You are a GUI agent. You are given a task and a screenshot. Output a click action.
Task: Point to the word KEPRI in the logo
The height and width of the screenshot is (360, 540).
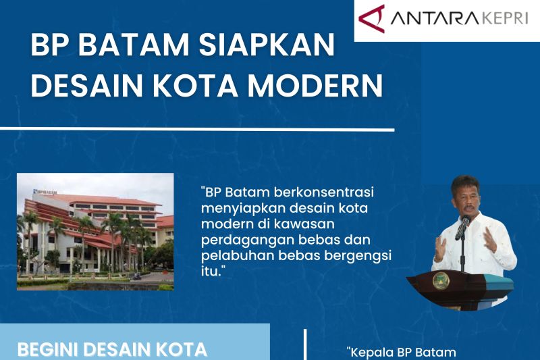pyautogui.click(x=504, y=18)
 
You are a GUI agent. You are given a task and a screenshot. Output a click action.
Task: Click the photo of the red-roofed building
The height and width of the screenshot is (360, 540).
pyautogui.click(x=95, y=232)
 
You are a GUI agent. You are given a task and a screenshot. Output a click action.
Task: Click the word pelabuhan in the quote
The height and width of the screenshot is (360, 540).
pyautogui.click(x=230, y=257)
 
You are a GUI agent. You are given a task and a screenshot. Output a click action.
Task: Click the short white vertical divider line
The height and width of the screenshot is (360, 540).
pyautogui.click(x=305, y=346)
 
